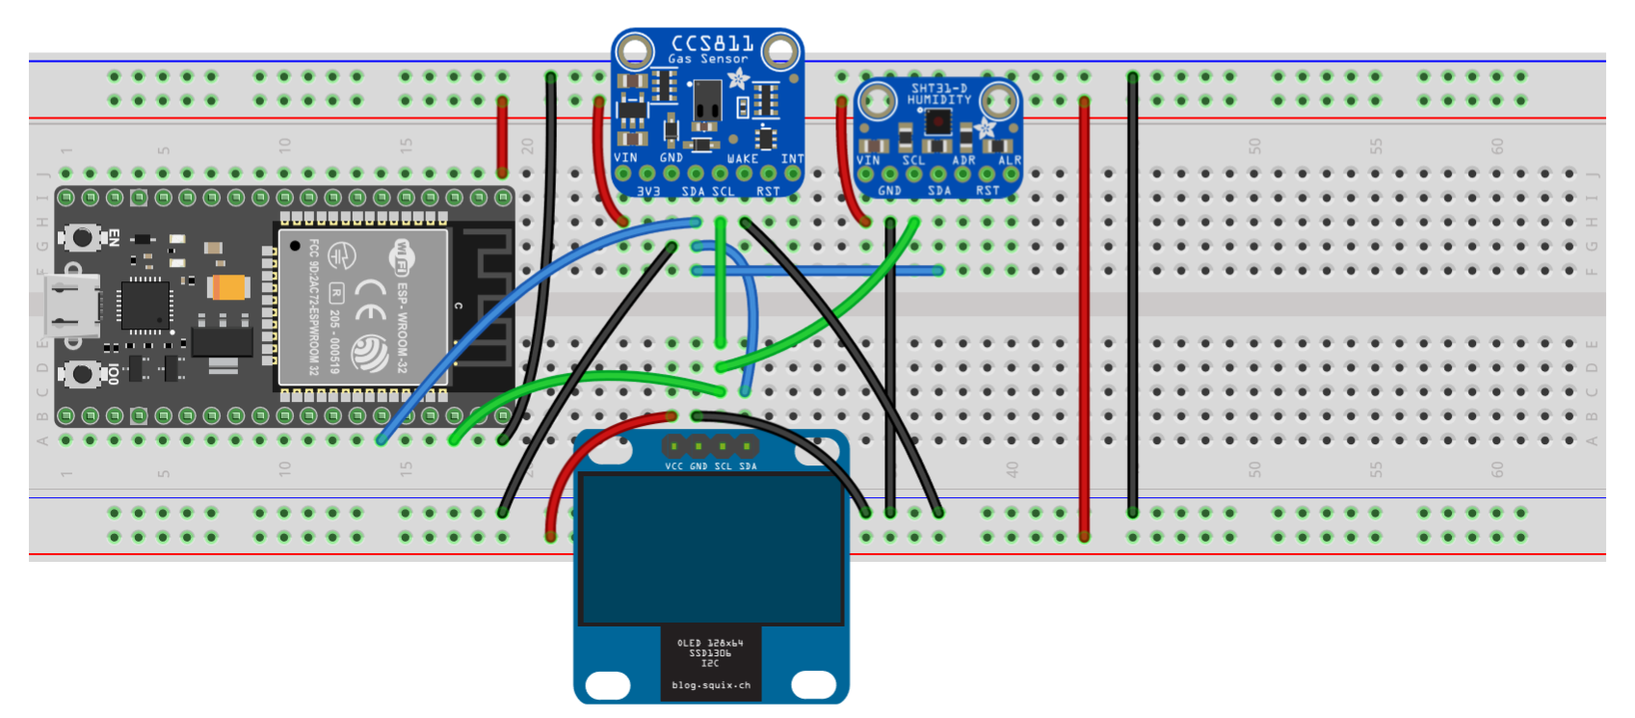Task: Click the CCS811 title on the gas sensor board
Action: pos(712,43)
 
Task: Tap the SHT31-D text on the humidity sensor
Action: pos(938,88)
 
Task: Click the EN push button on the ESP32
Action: pos(82,236)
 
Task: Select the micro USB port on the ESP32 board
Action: pos(75,304)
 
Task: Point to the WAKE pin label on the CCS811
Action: pos(742,158)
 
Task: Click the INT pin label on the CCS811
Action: pos(791,158)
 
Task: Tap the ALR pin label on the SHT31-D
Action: pos(1009,160)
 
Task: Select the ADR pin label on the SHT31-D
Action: pos(963,160)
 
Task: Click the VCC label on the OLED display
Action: pos(673,466)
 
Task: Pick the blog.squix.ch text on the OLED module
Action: pos(711,685)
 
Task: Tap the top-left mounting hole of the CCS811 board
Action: pos(633,50)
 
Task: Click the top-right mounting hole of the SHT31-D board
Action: pos(999,99)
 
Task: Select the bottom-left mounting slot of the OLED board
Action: pos(607,685)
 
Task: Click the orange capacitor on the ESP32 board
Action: pos(228,286)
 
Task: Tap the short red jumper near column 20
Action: pos(502,135)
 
